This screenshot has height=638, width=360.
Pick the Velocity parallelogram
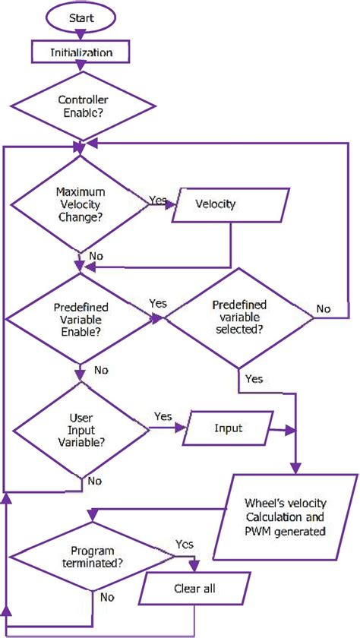tap(215, 204)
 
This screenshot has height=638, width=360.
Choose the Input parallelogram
tap(228, 428)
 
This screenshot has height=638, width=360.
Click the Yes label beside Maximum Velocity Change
tap(159, 200)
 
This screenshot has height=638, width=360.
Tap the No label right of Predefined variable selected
tap(324, 308)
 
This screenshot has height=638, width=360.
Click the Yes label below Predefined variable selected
tap(254, 377)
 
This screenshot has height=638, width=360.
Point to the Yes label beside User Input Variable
tap(163, 417)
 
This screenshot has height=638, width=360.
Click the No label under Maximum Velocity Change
tap(96, 256)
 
